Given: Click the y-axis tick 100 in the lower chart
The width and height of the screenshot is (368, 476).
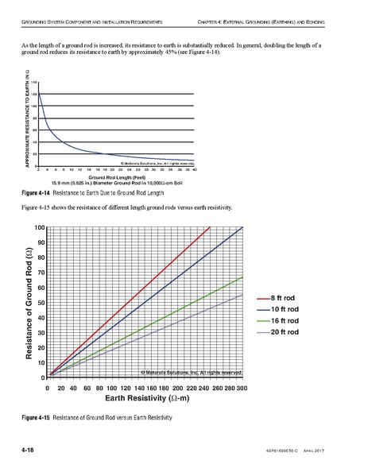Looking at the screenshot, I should [39, 228].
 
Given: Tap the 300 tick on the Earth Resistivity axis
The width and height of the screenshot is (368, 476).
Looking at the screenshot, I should [242, 389].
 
